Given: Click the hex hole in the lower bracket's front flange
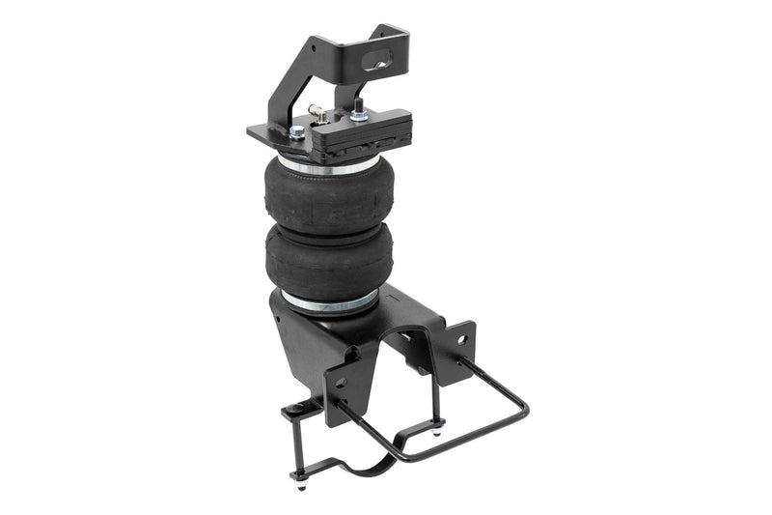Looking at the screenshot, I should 340,381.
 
